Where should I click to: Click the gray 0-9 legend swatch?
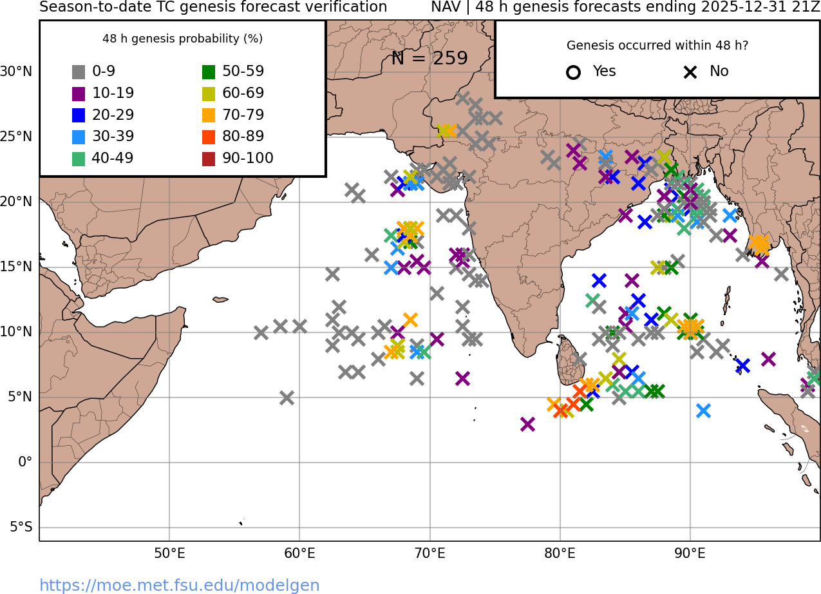[79, 72]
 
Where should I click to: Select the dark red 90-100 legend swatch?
[209, 158]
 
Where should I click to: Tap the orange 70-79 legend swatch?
[209, 115]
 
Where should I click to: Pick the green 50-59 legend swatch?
[209, 72]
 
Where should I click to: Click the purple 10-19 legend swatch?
[79, 93]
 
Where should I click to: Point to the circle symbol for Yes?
[573, 72]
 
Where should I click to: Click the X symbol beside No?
[690, 72]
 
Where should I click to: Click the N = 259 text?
[429, 59]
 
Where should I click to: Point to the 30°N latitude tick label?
[16, 72]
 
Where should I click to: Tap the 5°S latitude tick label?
[21, 528]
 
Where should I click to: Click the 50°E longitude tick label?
[169, 553]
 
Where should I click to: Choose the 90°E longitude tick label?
[690, 553]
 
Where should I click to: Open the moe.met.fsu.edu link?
[180, 585]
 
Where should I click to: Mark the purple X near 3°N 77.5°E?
[527, 424]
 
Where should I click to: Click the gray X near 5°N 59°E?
[287, 398]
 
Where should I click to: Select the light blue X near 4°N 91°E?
[703, 410]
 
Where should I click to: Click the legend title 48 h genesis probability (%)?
[182, 39]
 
